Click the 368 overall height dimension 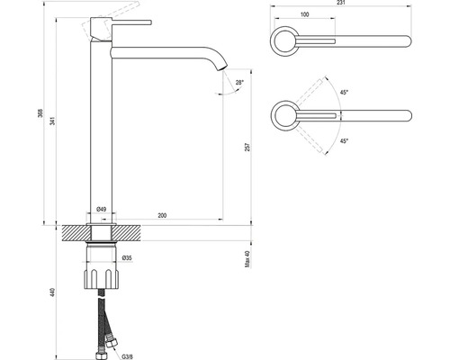point(40,113)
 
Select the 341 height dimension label point(53,121)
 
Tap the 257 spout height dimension point(247,147)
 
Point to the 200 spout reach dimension point(162,215)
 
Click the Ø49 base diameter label point(101,210)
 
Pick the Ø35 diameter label point(127,258)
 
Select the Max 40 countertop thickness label point(247,258)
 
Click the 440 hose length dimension point(53,292)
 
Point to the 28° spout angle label point(239,83)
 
